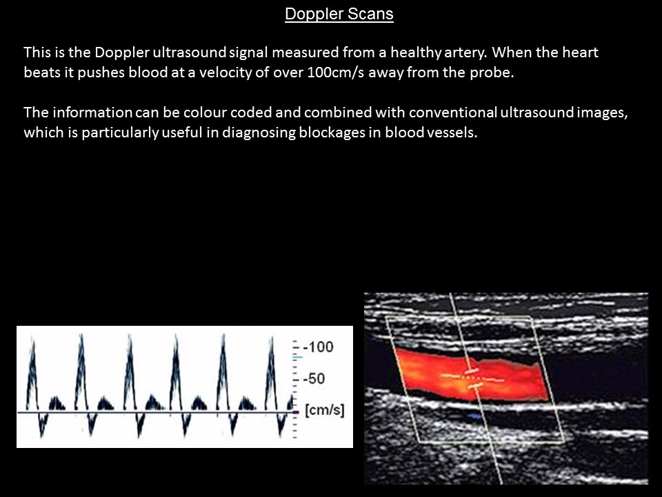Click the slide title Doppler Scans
(339, 14)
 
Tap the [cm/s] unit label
(323, 411)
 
